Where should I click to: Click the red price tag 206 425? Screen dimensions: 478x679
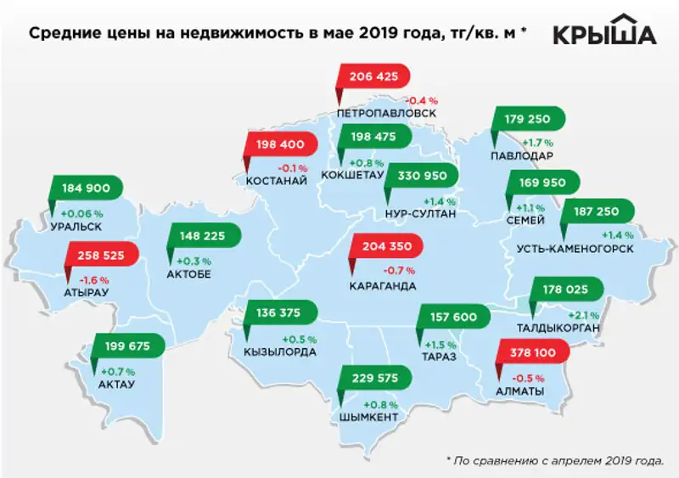374,76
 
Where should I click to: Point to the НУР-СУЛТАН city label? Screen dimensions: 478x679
420,215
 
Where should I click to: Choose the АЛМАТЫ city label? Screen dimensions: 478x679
519,391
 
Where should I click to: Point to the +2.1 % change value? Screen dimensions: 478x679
586,315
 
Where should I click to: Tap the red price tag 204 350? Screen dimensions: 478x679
386,247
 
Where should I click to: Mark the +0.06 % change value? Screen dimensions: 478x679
81,213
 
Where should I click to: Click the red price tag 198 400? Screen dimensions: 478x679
281,145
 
